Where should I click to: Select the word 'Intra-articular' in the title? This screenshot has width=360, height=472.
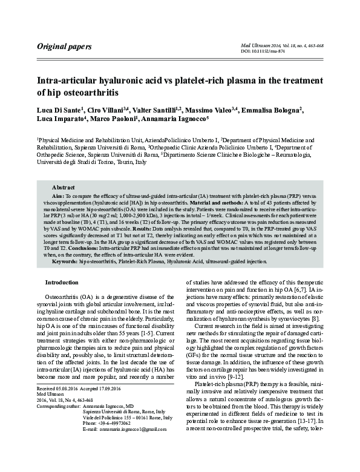[x=68, y=80]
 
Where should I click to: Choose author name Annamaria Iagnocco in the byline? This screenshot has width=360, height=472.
[x=174, y=120]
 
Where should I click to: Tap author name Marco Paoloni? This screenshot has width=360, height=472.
[x=112, y=120]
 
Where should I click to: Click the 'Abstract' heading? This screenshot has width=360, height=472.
[x=64, y=188]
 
